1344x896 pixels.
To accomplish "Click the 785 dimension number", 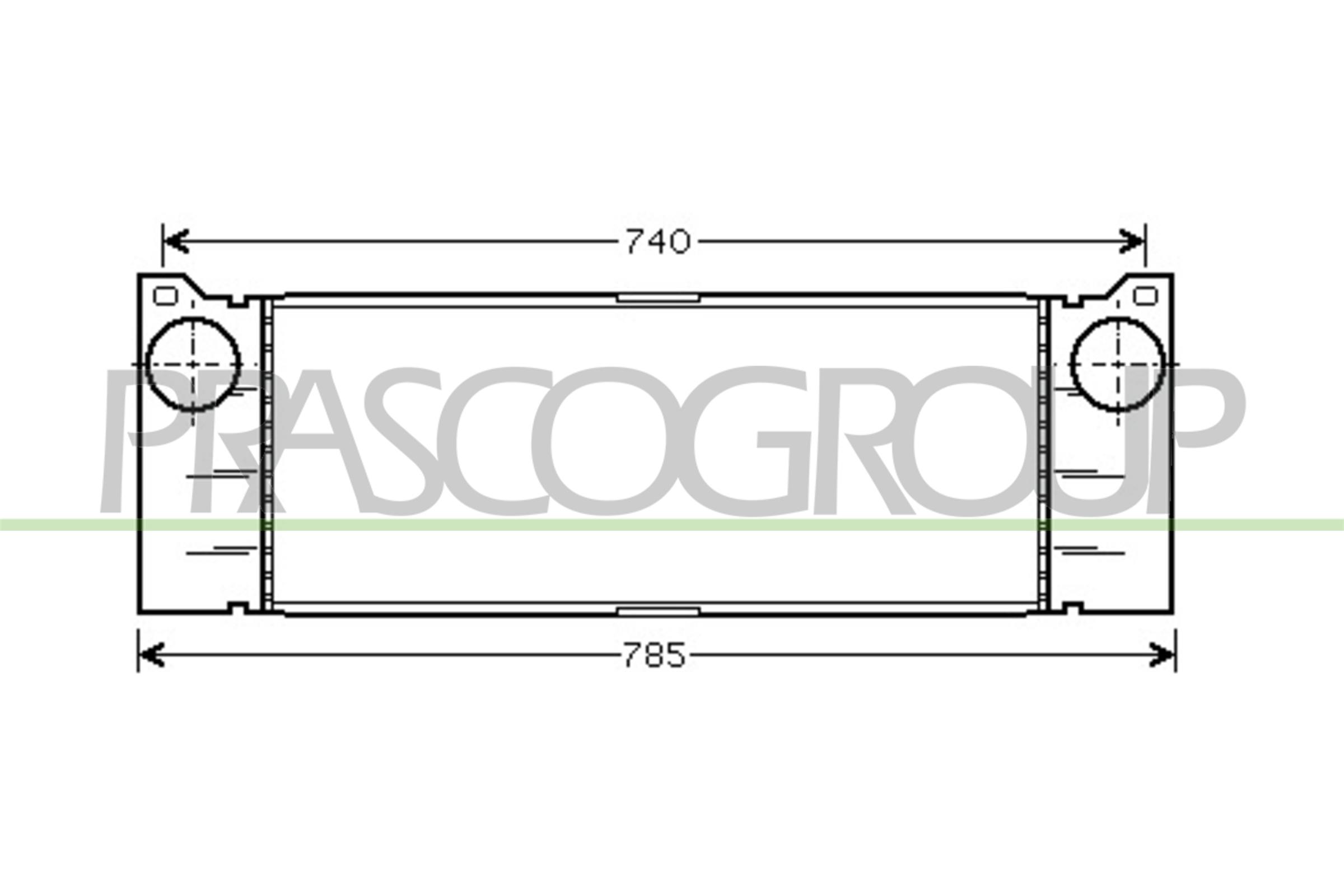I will pos(654,655).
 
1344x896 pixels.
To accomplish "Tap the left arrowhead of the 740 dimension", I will pos(175,242).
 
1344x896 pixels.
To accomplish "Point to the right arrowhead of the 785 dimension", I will pos(1163,655).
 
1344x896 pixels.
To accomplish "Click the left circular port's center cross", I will pos(193,364).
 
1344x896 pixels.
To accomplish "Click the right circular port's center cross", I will pos(1117,364).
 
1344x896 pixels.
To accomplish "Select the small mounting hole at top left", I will pos(166,296).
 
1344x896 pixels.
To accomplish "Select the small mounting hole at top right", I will pos(1145,296).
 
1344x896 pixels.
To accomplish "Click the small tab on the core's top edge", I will pos(659,298).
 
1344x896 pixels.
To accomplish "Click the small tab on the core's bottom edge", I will pos(659,612).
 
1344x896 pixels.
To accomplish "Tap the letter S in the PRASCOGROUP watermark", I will pos(412,440).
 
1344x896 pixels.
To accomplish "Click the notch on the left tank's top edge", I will pos(239,301).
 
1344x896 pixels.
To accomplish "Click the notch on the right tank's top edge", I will pos(1072,301).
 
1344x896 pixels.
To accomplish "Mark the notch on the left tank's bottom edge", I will pos(239,606).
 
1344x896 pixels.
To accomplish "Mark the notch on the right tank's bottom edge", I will pos(1072,606).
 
